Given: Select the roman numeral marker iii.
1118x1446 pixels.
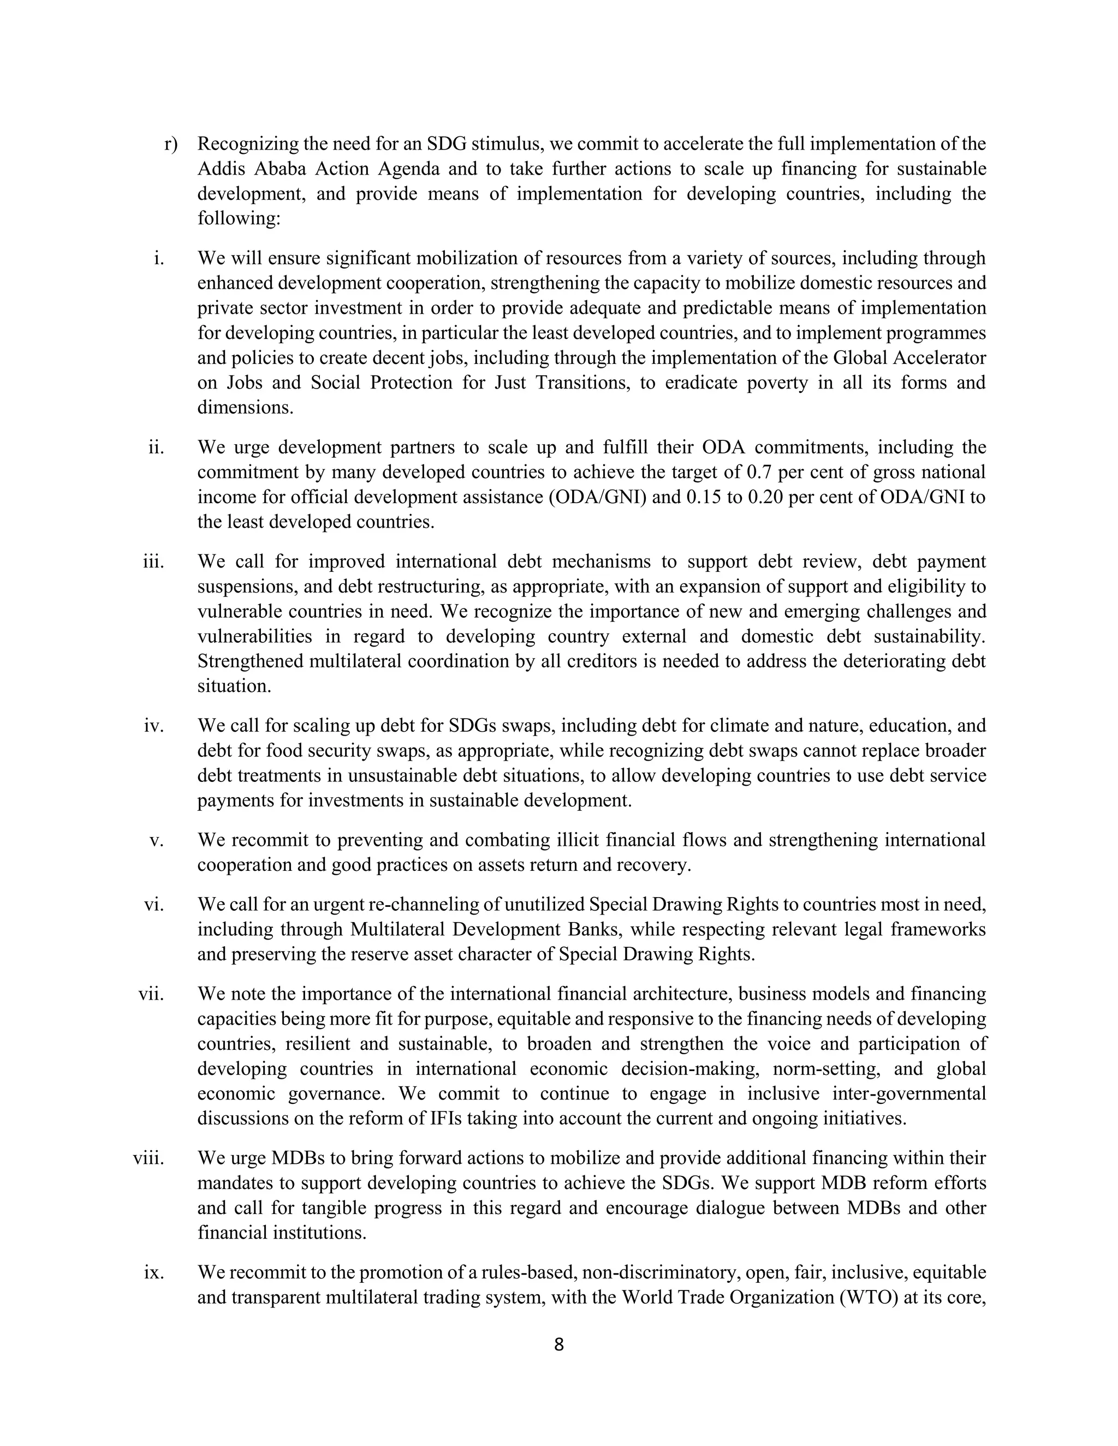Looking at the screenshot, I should (x=153, y=561).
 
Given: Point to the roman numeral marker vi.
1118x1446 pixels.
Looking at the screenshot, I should (x=153, y=904).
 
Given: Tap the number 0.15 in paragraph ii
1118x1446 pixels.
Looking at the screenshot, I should (x=704, y=497).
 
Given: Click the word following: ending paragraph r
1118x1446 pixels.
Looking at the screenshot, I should (x=239, y=218).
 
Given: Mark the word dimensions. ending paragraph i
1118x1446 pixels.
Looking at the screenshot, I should (x=245, y=408).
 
